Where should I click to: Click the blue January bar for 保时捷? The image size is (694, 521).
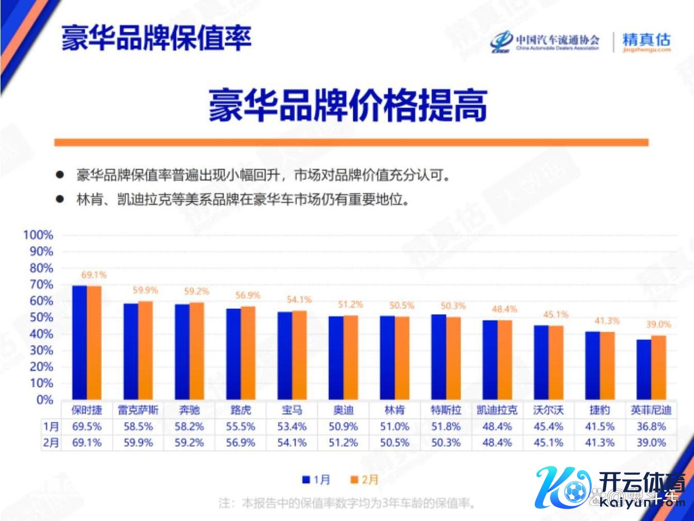79,342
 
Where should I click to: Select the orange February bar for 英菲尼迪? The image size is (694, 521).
659,367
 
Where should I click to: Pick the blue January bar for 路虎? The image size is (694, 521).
234,354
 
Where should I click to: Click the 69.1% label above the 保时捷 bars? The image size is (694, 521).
94,275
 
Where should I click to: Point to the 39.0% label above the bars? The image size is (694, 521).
658,324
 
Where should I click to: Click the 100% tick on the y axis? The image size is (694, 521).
38,235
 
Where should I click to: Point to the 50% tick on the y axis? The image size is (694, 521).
40,318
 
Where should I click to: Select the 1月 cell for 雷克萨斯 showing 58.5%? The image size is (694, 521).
138,427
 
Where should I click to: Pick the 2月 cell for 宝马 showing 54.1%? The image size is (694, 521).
292,443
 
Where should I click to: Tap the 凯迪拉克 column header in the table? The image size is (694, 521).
497,410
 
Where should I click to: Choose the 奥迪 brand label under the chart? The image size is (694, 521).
344,410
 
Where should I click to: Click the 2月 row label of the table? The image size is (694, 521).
51,443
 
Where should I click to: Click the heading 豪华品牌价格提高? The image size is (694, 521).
348,105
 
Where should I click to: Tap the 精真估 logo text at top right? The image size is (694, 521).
646,41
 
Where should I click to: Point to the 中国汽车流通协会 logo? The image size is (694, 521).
545,41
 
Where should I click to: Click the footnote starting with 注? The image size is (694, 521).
346,503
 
